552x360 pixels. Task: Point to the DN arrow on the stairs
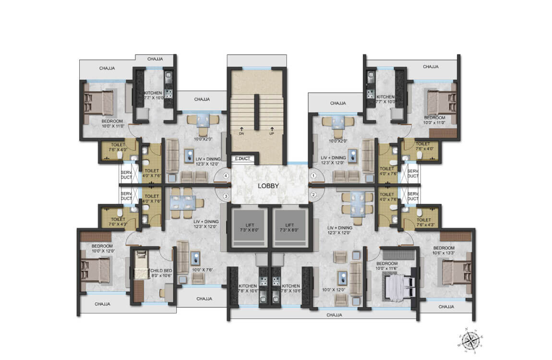[241, 131]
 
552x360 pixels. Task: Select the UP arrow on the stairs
[272, 131]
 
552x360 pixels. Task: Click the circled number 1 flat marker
[313, 176]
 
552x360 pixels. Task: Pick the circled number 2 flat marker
[313, 194]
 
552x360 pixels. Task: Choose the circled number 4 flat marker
[226, 176]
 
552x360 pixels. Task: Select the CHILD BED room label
[158, 270]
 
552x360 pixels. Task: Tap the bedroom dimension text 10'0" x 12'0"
[102, 251]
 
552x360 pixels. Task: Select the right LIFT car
[289, 228]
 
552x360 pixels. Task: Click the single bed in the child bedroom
[141, 265]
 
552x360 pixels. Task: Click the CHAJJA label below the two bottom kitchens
[334, 315]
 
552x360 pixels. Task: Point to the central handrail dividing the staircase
[256, 112]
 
